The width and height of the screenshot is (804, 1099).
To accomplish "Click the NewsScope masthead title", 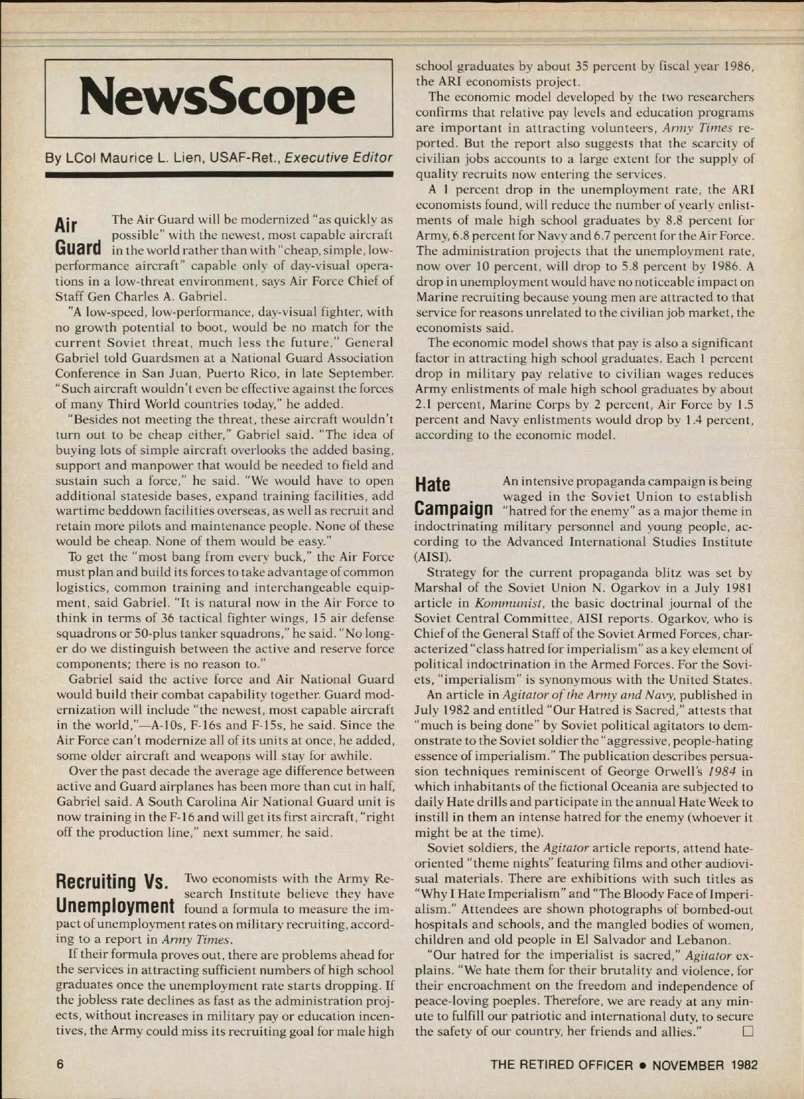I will tap(218, 98).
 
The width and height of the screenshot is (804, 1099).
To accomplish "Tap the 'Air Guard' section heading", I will tap(78, 235).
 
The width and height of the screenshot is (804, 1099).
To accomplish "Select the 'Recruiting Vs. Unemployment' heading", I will tap(115, 893).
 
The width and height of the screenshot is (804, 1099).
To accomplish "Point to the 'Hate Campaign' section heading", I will tap(454, 496).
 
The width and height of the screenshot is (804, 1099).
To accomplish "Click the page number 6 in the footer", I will tap(60, 1065).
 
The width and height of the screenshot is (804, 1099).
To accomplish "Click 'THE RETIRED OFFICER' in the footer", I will tap(561, 1065).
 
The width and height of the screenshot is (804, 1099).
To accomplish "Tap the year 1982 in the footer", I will tap(744, 1065).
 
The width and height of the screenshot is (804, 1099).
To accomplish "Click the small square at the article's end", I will tap(748, 1031).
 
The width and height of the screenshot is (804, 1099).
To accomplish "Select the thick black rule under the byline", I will tap(218, 175).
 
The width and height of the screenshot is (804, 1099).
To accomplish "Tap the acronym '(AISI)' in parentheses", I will tap(433, 557).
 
